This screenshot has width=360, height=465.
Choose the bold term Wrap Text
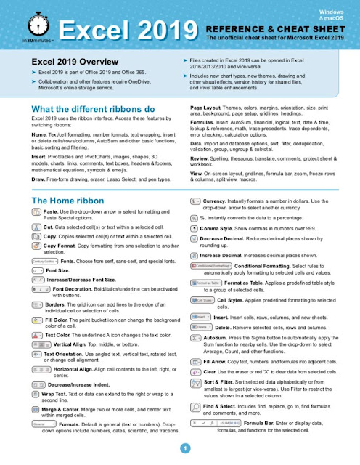(57, 393)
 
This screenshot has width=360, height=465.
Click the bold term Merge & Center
(66, 409)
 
